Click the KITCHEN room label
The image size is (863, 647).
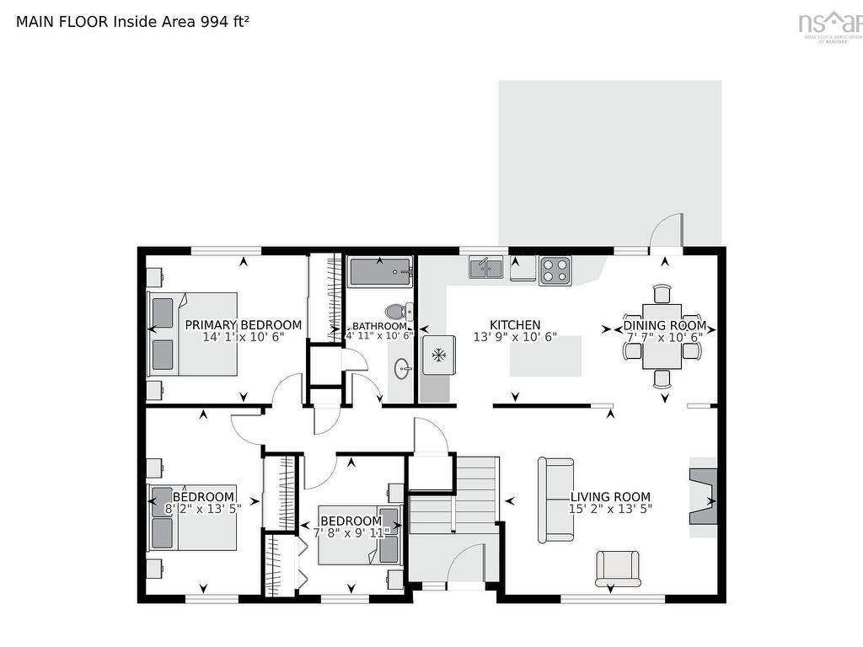pos(515,325)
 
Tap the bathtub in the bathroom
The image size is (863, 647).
pos(379,272)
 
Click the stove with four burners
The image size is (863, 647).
pos(555,270)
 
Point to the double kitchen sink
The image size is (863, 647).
pos(486,267)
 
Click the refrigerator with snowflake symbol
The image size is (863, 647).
pos(438,356)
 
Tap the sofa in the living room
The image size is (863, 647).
pos(556,500)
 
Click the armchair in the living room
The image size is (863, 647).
pos(618,568)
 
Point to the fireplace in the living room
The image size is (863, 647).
pos(704,497)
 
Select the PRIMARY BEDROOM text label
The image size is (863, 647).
pos(243,325)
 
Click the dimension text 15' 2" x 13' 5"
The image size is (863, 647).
pos(611,509)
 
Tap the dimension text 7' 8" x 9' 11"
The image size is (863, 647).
pos(351,533)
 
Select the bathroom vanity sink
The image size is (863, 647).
pos(403,367)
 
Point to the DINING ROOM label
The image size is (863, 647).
pos(664,325)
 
